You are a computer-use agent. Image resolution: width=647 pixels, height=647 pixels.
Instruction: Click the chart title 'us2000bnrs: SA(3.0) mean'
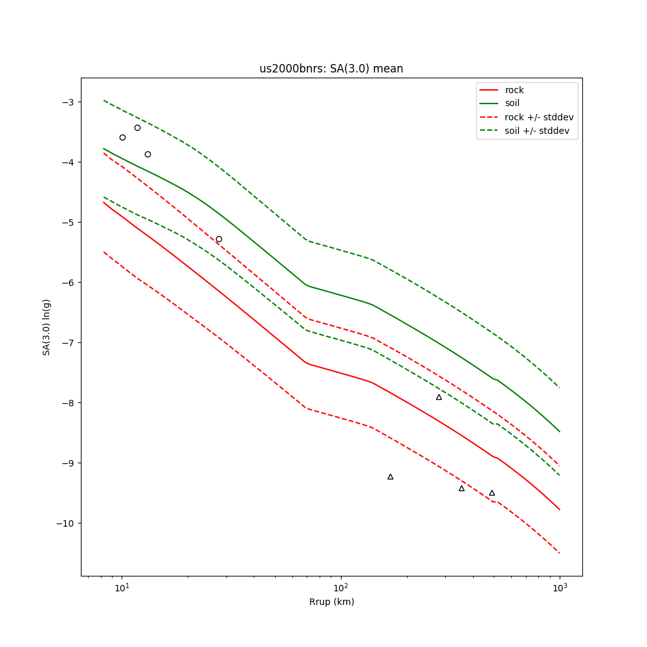coord(331,69)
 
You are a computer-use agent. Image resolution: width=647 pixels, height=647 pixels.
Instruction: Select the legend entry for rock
coord(514,90)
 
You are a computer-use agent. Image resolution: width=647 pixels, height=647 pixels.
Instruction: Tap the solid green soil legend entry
coord(512,104)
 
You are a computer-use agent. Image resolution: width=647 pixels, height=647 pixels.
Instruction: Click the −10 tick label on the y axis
coord(65,523)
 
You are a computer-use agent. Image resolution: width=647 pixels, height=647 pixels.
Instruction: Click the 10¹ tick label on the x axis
coord(122,587)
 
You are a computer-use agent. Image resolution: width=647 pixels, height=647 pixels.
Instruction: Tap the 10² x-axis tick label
coord(340,587)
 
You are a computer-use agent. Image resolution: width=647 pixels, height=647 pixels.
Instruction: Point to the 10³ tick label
coord(560,587)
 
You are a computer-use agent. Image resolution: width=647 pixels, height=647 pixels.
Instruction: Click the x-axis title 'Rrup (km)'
coord(331,602)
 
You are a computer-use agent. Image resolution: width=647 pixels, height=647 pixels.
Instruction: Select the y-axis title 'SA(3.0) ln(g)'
coord(47,327)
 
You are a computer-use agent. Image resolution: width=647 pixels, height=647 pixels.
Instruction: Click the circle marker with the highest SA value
coord(137,127)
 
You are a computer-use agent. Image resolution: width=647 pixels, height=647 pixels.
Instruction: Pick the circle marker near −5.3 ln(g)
coord(219,239)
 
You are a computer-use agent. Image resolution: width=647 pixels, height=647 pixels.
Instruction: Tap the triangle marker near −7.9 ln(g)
coord(439,397)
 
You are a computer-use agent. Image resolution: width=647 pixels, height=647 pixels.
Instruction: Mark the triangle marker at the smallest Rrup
coord(390,477)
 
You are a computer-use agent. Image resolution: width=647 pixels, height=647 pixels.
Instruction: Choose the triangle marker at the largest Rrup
coord(492,493)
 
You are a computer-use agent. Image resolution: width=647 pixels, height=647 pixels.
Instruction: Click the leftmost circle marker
coord(122,137)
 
